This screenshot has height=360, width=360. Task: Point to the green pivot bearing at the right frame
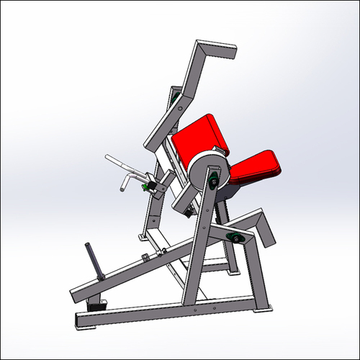pos(234,238)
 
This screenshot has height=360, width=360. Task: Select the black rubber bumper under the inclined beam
pos(96,306)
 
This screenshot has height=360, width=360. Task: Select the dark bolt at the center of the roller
pos(214,183)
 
